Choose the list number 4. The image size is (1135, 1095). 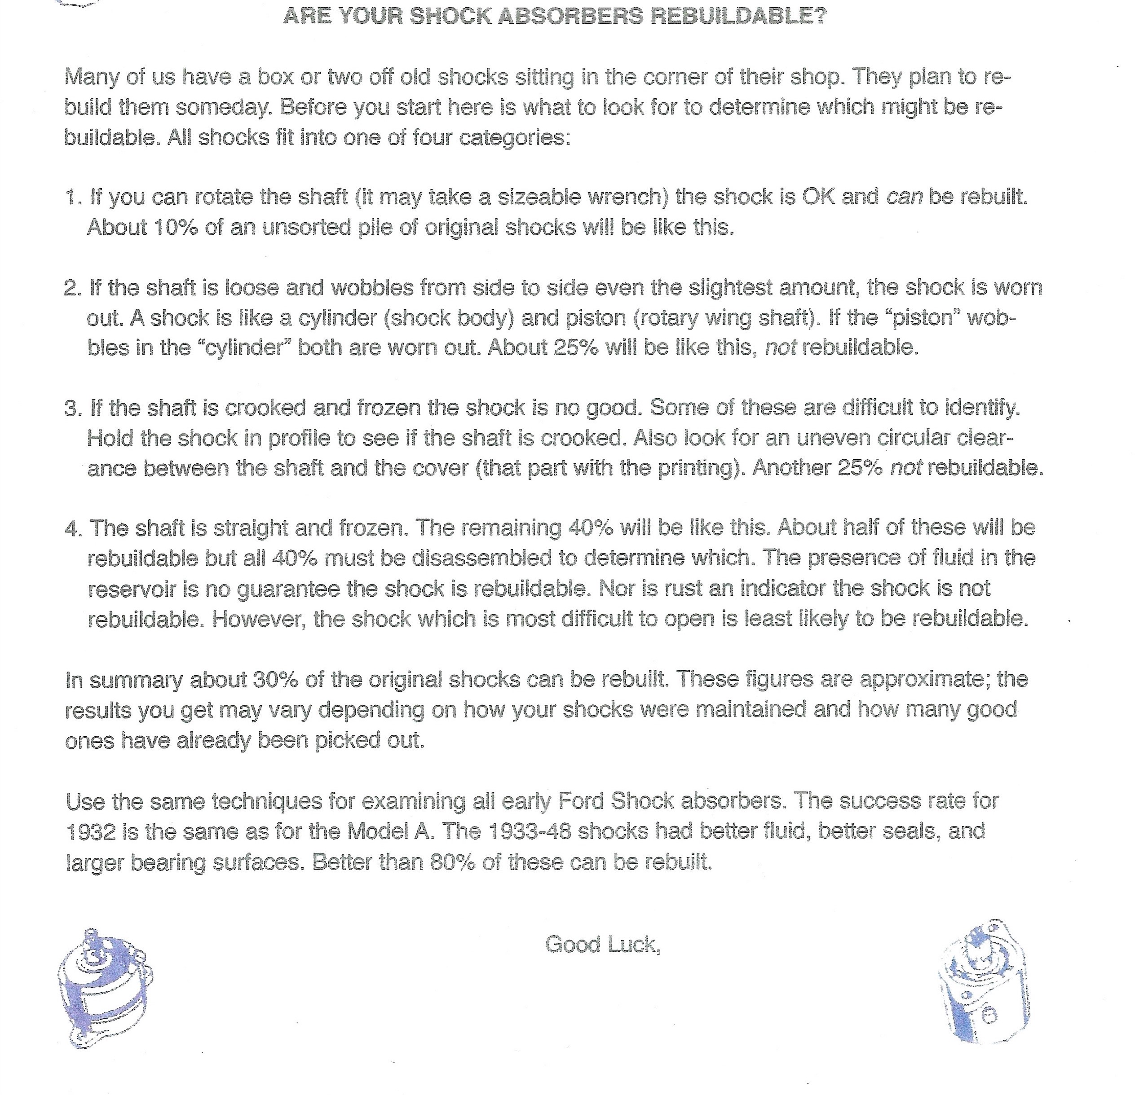point(73,528)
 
